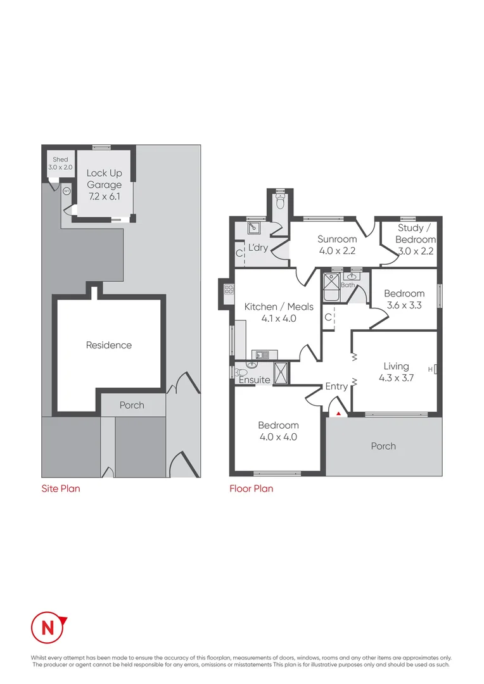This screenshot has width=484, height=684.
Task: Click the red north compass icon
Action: point(48,628)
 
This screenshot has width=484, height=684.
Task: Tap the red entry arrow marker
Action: point(338,414)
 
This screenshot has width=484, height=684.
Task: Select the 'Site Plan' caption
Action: point(61,488)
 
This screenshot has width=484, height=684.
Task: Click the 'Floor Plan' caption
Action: point(251,488)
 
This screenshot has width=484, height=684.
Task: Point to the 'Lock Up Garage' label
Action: point(104,179)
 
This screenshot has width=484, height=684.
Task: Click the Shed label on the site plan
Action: point(60,163)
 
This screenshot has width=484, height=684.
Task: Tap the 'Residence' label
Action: point(109,345)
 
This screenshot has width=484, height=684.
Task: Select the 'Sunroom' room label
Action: point(337,239)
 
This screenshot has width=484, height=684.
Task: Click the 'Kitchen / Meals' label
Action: point(279,307)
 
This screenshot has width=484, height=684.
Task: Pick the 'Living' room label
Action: point(396,366)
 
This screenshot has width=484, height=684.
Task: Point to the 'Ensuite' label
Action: point(254,380)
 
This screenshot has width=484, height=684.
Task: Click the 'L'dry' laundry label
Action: point(258,247)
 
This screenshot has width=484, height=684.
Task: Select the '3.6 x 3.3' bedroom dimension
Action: point(404,305)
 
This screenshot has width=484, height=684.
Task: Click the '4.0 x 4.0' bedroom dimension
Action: point(278,437)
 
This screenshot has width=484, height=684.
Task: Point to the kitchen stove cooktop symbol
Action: point(229,291)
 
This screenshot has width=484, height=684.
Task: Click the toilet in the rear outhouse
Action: point(280,203)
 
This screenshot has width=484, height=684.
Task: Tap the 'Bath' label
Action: point(348,285)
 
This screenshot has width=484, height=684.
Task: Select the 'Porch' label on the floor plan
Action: point(383,446)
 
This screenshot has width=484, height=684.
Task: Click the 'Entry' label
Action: point(336,386)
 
